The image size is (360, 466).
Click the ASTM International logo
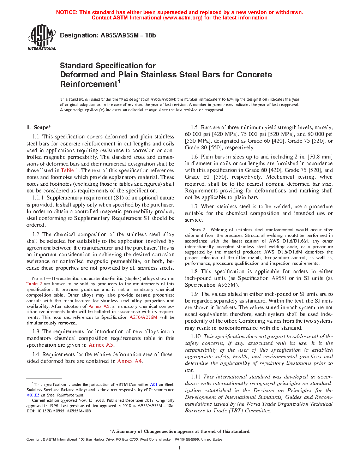pos(41,37)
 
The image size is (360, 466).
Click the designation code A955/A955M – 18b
pos(128,35)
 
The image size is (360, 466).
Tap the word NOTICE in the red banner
pos(67,12)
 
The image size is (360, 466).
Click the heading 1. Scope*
pos(38,127)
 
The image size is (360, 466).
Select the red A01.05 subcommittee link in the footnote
pos(33,395)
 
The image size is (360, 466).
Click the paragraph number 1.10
pos(196,337)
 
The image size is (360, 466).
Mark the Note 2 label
pos(198,230)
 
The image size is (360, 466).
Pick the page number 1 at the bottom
pos(180,448)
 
